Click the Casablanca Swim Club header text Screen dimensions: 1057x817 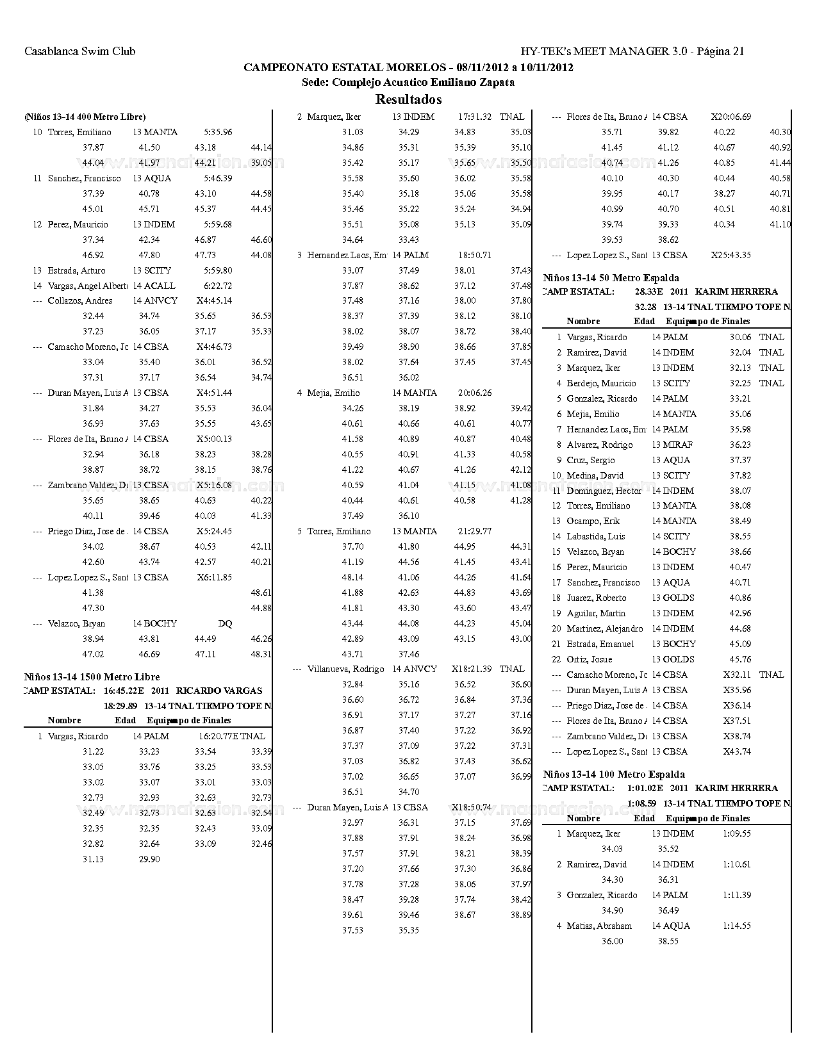coord(79,51)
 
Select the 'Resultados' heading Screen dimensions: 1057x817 coord(408,99)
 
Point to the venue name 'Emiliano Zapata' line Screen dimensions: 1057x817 coord(408,82)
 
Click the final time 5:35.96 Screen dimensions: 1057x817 coord(218,132)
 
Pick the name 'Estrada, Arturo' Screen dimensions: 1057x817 coord(76,270)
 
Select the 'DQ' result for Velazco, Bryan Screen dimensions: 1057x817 coord(225,623)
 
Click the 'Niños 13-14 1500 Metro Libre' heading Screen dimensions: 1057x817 coord(92,676)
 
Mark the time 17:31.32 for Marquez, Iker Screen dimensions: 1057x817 coord(475,117)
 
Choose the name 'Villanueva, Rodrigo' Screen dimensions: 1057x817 coord(345,669)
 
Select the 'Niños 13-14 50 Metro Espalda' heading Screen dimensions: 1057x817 coord(611,278)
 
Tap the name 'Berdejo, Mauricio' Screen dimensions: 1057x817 coord(601,383)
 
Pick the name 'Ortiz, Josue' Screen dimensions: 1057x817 coord(590,659)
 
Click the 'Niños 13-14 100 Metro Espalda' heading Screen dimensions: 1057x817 coord(614,774)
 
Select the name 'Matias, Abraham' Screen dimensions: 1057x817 coord(599,926)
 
